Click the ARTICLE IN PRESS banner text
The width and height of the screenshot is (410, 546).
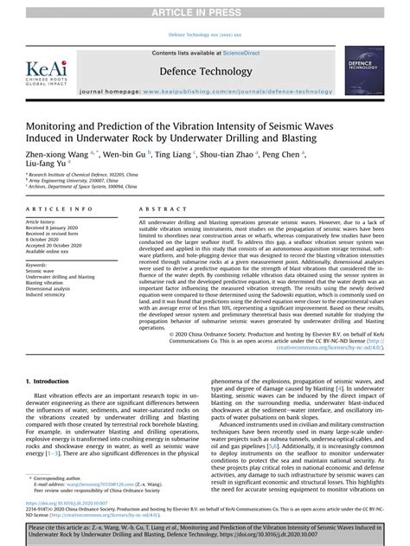(205, 10)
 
